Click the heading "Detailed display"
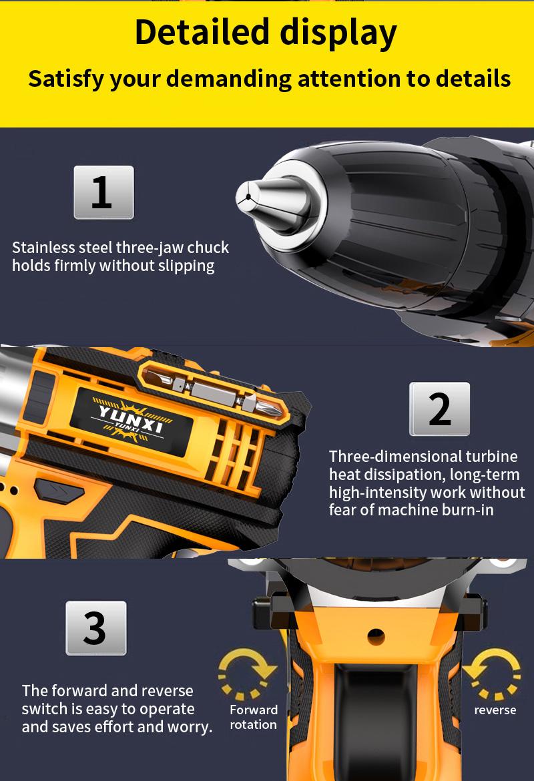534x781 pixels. (x=266, y=32)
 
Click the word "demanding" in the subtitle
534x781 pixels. (x=228, y=79)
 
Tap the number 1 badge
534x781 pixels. (x=103, y=192)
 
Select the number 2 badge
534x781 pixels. (x=439, y=409)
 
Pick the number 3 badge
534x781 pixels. (x=95, y=627)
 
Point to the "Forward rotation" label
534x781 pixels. (x=254, y=717)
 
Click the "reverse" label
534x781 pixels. (x=495, y=710)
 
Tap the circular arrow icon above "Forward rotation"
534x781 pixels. (x=248, y=674)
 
